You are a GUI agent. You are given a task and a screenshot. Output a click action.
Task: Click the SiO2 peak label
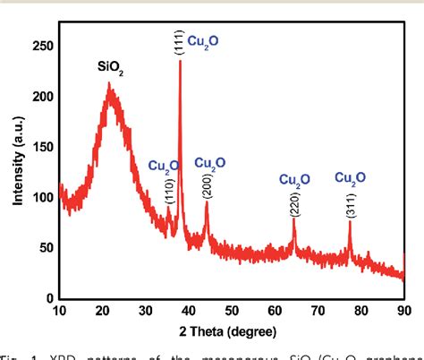[x=110, y=66]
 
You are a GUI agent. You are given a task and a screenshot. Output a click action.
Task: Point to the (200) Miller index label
[x=208, y=184]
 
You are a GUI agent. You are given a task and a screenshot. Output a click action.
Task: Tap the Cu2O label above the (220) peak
[x=295, y=179]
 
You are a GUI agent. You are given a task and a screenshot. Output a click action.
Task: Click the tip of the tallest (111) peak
[x=181, y=61]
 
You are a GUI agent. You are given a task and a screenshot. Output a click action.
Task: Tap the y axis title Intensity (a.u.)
[x=17, y=170]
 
